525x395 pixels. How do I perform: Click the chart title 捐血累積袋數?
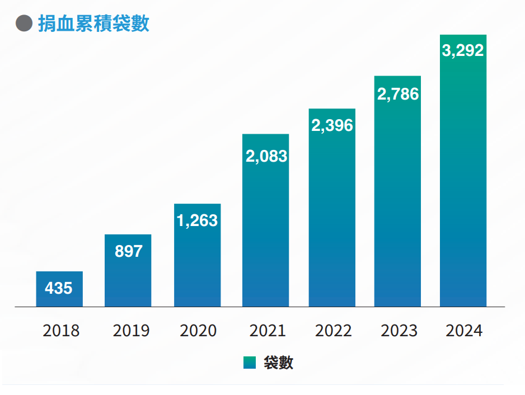click(x=93, y=24)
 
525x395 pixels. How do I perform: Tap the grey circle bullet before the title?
click(x=24, y=24)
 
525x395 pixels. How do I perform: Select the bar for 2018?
click(x=59, y=289)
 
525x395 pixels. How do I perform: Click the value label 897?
click(x=128, y=251)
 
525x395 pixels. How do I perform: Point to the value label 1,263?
click(x=197, y=221)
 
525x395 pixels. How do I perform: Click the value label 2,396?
click(x=332, y=125)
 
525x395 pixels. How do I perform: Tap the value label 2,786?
click(x=397, y=94)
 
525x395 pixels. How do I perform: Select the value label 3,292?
click(x=463, y=51)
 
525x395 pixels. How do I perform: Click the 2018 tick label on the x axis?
click(x=61, y=331)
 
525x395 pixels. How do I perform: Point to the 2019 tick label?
click(x=131, y=331)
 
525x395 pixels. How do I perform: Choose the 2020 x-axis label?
click(x=198, y=331)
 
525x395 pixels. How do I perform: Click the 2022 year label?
click(x=334, y=331)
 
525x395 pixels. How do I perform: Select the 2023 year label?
click(x=399, y=331)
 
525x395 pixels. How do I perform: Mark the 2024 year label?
click(x=464, y=331)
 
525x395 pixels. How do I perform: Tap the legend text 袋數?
click(x=278, y=363)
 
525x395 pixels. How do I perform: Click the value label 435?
click(x=59, y=288)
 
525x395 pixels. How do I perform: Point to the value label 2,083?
click(x=266, y=156)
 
